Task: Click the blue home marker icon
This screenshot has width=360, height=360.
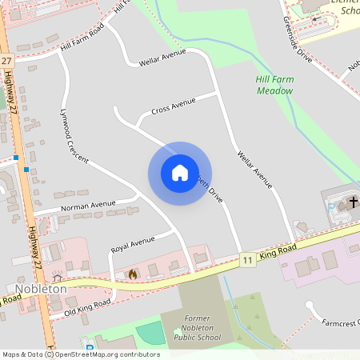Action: (x=180, y=173)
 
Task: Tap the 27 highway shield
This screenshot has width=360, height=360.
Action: (x=7, y=61)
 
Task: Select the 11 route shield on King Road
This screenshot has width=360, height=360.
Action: (x=249, y=259)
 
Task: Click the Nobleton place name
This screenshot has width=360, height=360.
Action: (x=41, y=287)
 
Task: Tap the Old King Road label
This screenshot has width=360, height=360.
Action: (x=87, y=306)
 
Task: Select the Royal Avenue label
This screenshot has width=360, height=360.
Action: (x=133, y=242)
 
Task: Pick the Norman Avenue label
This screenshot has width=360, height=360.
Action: (x=88, y=206)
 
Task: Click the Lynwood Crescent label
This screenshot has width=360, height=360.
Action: (x=74, y=136)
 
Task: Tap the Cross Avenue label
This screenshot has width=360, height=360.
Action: (x=173, y=105)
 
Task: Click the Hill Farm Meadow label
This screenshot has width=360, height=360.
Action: (x=274, y=85)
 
